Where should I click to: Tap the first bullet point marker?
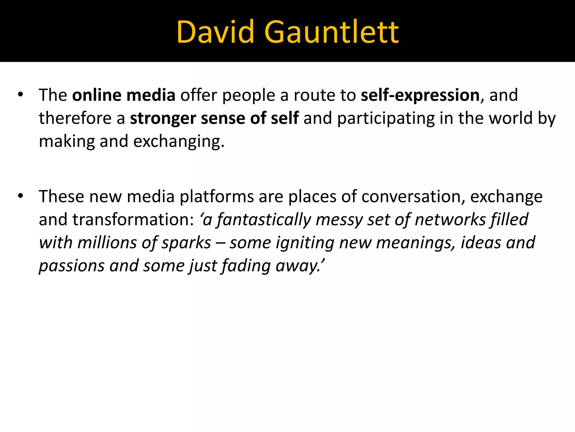20,95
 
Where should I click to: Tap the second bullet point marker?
20,196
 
